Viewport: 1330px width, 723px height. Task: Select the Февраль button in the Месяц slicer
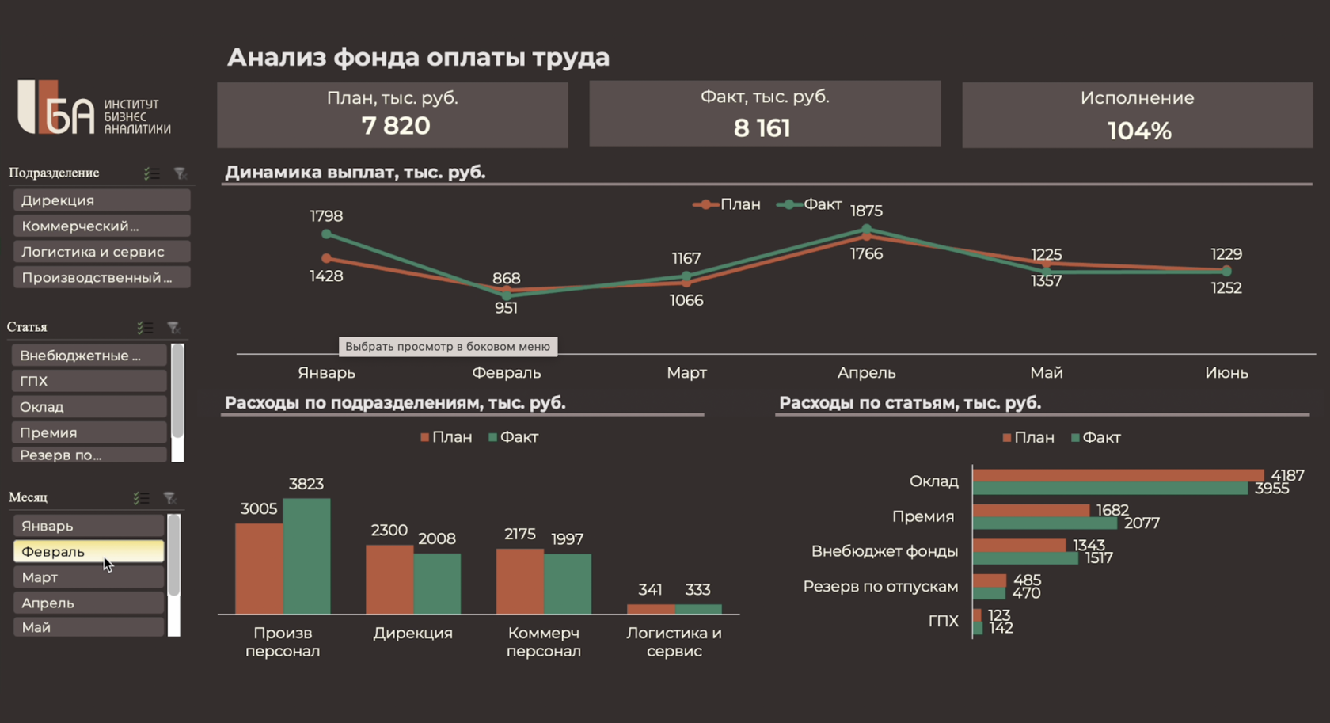[88, 551]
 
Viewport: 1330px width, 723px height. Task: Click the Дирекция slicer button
[101, 200]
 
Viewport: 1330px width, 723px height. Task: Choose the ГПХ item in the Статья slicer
[89, 381]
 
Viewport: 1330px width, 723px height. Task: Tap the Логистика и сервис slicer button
[101, 252]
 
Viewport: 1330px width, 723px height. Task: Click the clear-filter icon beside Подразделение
[180, 173]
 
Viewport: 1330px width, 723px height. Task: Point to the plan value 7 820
[396, 126]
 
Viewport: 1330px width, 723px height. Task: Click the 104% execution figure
[1138, 131]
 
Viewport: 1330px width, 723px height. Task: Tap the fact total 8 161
[762, 128]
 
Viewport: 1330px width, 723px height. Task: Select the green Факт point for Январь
[326, 234]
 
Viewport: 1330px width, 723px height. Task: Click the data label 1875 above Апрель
[866, 211]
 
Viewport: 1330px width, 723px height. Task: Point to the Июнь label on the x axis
[1226, 372]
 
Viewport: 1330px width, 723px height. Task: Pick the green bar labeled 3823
[306, 555]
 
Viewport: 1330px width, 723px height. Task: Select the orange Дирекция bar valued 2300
[389, 578]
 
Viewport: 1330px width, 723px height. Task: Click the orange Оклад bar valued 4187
[1117, 475]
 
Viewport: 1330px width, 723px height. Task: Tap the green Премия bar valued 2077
[1044, 523]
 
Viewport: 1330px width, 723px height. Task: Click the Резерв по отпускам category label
[880, 586]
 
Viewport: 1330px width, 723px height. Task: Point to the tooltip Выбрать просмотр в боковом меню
[447, 346]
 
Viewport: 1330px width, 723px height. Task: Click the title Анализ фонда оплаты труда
[418, 57]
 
